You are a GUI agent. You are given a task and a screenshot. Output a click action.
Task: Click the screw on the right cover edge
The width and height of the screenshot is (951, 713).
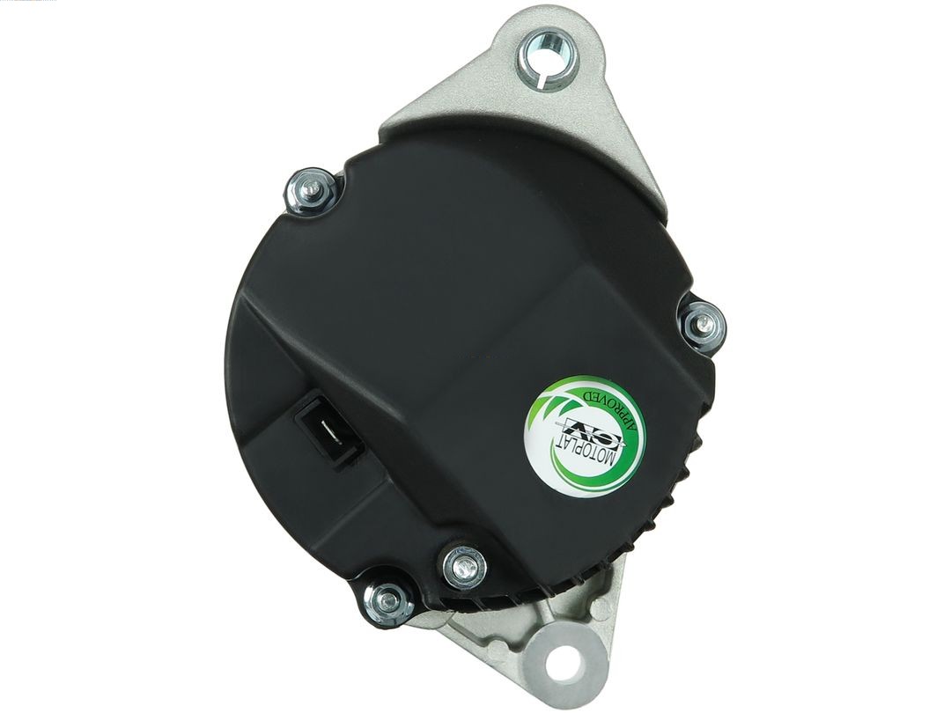click(704, 323)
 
